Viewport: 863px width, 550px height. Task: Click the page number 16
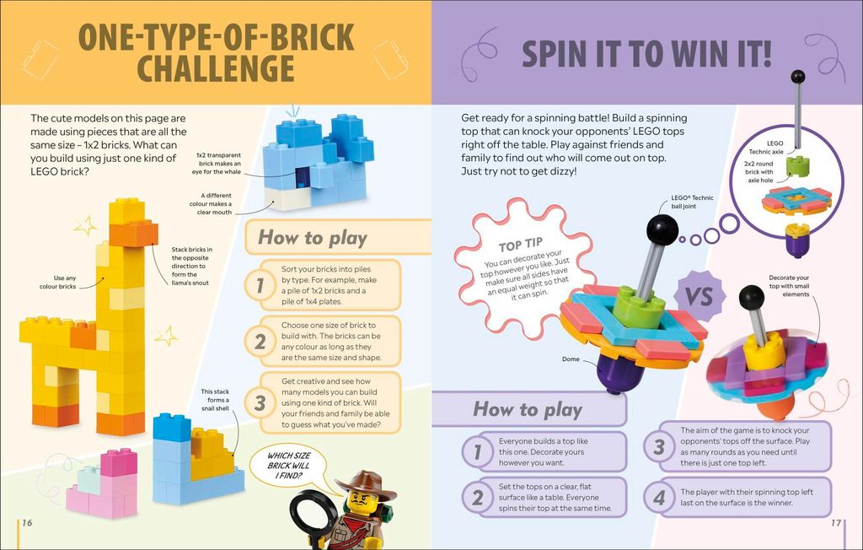tap(27, 522)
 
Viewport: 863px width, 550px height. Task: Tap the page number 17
tap(835, 522)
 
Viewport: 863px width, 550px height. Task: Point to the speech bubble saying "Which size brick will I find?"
tap(288, 466)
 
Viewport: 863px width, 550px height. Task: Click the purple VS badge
tap(699, 296)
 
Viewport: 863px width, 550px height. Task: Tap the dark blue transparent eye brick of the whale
tap(303, 177)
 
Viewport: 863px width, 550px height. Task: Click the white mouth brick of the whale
tap(287, 198)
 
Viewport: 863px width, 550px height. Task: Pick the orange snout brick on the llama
tap(133, 234)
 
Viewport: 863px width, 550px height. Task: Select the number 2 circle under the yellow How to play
tap(260, 342)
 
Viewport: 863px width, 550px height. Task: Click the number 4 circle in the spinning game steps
tap(658, 498)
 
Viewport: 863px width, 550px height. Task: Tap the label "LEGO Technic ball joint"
tap(692, 202)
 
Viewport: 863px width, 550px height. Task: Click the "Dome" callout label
tap(571, 359)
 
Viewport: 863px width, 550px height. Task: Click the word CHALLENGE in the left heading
tap(215, 68)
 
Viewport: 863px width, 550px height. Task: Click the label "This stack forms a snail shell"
tap(215, 400)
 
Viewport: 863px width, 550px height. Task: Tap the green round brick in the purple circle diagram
tap(797, 167)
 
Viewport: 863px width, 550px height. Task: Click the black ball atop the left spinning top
tap(662, 229)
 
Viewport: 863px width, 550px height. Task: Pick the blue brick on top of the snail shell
tap(172, 427)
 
